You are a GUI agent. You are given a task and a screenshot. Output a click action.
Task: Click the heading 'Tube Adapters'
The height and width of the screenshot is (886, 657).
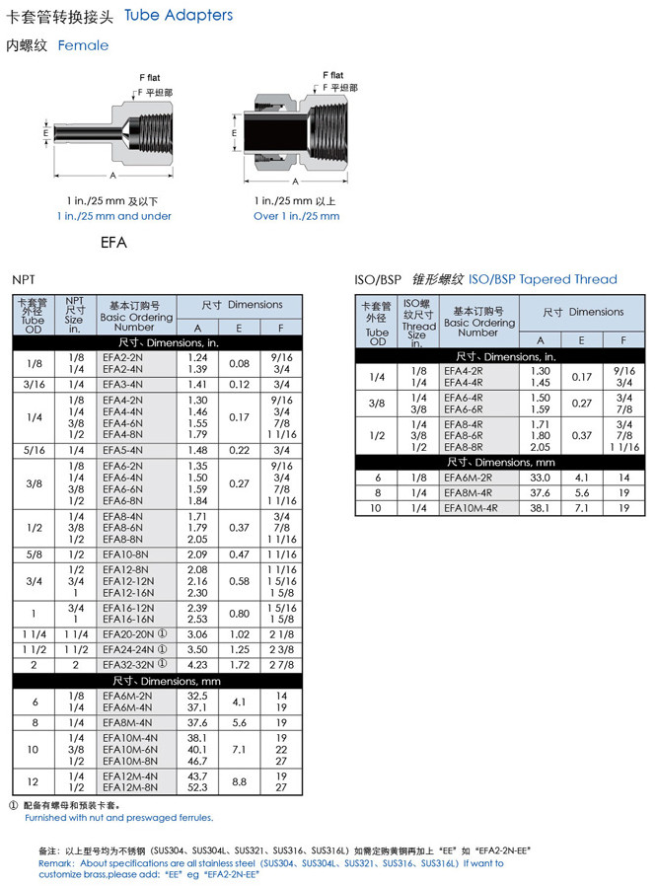180,16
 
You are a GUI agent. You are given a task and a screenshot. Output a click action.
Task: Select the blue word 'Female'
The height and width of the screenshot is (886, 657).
83,45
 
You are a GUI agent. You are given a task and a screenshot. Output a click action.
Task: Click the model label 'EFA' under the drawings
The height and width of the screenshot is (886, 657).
113,241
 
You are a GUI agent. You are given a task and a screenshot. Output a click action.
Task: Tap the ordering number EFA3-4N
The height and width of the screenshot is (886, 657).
122,384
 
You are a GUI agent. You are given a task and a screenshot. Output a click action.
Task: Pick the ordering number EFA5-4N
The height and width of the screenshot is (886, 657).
122,450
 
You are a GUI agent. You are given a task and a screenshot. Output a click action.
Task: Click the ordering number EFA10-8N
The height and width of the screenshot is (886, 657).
125,554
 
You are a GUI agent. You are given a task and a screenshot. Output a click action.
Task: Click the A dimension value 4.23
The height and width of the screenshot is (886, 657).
197,665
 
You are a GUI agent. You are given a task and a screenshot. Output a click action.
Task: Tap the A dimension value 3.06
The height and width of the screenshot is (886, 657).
197,634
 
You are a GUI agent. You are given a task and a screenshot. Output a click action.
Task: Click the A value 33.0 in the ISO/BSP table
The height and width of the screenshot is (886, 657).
540,477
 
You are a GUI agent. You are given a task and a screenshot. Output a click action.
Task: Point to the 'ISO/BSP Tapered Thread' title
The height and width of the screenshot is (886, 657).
543,279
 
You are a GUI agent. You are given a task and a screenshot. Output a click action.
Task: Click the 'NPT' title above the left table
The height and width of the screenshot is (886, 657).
23,280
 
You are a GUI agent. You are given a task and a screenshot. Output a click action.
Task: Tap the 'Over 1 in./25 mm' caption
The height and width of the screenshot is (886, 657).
296,216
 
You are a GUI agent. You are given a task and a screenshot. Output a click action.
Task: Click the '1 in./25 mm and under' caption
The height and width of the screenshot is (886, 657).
113,216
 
